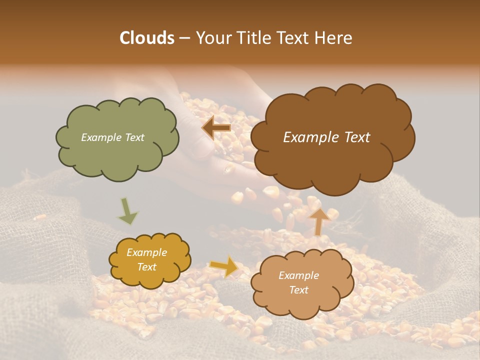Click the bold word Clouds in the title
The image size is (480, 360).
tap(146, 38)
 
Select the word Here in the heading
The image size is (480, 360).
tap(334, 38)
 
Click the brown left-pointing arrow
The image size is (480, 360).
tap(216, 128)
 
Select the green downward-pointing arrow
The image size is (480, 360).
tap(127, 211)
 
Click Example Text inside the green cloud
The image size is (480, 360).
tap(112, 137)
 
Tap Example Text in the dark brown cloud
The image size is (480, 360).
tap(326, 137)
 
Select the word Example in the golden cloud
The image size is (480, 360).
tap(146, 252)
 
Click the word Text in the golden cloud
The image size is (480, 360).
tap(146, 267)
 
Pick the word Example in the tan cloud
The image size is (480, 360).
tap(298, 275)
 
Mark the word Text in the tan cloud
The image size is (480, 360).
tap(298, 290)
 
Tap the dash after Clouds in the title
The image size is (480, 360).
tap(184, 38)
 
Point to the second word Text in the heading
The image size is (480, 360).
tap(294, 38)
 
